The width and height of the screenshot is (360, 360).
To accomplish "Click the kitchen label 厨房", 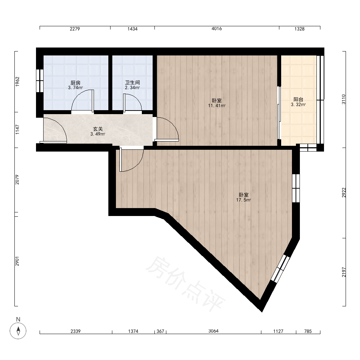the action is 75,83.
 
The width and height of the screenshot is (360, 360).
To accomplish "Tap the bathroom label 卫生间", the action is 132,82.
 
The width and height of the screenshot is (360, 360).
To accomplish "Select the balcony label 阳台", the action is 298,99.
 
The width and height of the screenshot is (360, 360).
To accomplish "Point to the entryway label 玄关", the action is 98,129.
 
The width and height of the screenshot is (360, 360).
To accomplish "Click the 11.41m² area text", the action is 217,105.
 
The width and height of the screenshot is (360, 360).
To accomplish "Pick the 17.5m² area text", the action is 244,200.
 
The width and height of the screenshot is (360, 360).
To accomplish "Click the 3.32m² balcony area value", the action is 298,105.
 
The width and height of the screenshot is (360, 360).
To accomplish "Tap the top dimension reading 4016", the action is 217,29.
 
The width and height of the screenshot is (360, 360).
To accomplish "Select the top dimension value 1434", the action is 132,29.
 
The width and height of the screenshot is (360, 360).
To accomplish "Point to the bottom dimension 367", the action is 160,331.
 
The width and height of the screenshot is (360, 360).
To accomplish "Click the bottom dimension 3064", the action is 213,331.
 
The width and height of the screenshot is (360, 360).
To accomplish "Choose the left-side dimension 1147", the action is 17,130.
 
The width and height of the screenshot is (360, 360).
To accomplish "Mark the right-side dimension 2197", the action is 344,272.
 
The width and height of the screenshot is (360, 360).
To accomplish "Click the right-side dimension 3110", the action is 344,99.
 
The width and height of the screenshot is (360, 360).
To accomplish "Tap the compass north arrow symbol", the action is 18,331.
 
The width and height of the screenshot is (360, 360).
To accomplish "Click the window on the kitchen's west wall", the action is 40,81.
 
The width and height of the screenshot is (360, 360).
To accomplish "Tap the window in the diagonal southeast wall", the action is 280,268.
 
